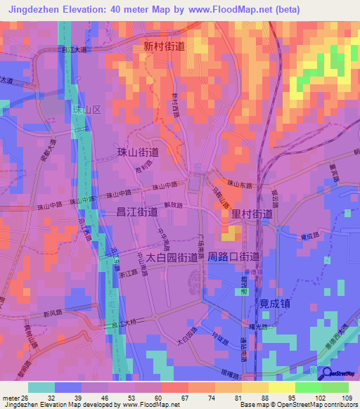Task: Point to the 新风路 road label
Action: [53, 314]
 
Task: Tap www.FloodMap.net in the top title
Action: [237, 10]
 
